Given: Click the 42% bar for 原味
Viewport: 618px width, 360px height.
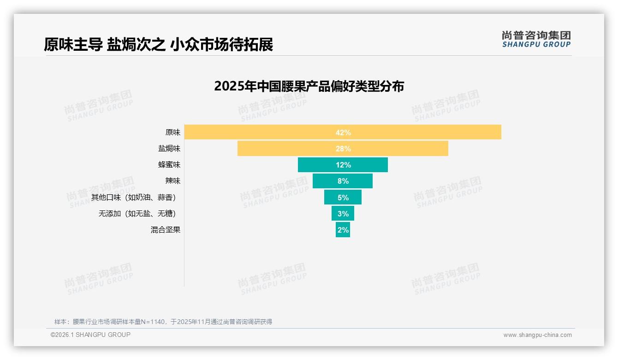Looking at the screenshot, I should point(343,132).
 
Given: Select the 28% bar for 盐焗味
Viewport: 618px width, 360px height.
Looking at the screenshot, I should point(343,149).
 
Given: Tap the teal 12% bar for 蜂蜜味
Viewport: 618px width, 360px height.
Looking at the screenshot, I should point(343,165).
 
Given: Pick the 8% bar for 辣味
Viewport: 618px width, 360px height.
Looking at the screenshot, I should point(343,181).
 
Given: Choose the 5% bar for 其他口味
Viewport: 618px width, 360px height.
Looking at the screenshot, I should point(343,197).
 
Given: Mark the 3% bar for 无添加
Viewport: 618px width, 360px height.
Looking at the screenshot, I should point(343,213).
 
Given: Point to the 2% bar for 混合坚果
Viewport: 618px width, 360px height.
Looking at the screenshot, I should point(343,229).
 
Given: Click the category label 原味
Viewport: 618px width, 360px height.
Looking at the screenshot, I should point(173,132).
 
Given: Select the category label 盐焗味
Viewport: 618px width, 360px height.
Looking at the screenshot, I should point(169,149).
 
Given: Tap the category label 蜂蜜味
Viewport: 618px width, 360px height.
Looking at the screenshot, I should point(169,165).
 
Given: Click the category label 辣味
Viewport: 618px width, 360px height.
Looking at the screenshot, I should point(173,181).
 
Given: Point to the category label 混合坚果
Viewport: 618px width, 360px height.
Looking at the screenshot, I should point(166,230).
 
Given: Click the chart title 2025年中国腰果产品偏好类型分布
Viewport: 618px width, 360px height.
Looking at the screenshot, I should point(309,86).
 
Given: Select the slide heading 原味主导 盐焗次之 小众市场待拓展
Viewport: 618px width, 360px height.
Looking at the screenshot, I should point(158,45).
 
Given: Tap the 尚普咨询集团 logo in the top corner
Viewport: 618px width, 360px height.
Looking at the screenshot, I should point(536,39).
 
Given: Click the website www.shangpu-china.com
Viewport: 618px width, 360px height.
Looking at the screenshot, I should point(537,335).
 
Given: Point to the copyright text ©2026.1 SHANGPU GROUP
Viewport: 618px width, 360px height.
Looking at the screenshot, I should point(90,335).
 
